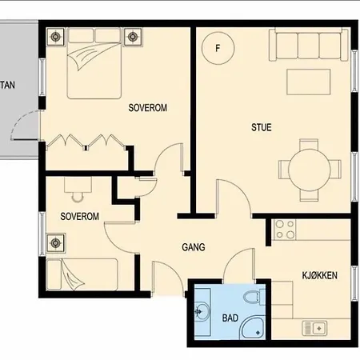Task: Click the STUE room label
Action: pos(262,127)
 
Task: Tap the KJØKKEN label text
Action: pos(319,275)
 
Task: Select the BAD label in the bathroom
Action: pos(230,318)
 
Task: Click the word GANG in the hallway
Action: pos(194,247)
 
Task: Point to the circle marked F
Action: pos(218,48)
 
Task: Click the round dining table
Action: pos(310,170)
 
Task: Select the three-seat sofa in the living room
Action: pos(309,45)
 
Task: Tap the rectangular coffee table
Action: pos(309,82)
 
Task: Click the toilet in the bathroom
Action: pos(254,297)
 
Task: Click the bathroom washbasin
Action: pos(202,311)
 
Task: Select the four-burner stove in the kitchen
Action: pos(285,229)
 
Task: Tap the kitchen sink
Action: pos(314,328)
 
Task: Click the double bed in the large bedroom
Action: pos(94,63)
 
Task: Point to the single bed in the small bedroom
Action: pos(82,274)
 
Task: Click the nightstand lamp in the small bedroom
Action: pos(55,243)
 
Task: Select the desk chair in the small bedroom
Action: pos(78,197)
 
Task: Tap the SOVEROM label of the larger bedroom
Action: pos(148,108)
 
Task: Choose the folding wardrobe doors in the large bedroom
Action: pos(86,141)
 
